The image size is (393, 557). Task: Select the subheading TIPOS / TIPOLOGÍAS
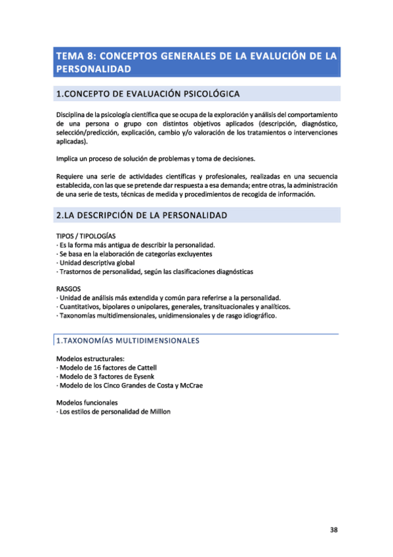pos(86,235)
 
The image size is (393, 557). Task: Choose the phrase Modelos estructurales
pos(90,359)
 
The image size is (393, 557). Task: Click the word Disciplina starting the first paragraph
pos(73,115)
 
